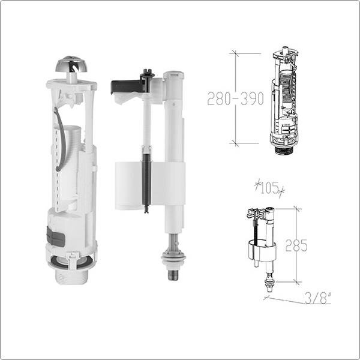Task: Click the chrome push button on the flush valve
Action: point(71,64)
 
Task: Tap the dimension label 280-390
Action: point(235,98)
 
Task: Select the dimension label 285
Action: point(296,245)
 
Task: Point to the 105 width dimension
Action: point(269,188)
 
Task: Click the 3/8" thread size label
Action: point(318,298)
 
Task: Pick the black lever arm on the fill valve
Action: point(125,86)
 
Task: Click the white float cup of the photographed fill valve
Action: point(128,185)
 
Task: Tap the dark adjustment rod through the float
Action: point(146,181)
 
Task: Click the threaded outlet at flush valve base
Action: point(71,277)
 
